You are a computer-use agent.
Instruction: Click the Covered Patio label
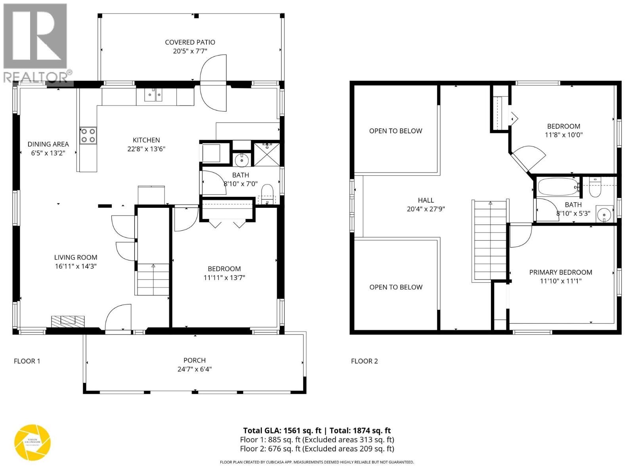[x=190, y=42]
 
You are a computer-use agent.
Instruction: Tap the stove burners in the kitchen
[x=88, y=135]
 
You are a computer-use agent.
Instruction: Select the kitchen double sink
[x=153, y=95]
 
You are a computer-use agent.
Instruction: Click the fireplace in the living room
[x=68, y=321]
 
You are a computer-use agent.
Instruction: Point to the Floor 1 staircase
[x=153, y=279]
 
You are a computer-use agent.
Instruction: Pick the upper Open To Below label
[x=395, y=131]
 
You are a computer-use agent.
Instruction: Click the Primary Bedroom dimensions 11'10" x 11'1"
[x=560, y=281]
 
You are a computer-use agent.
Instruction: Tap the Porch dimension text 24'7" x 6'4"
[x=194, y=369]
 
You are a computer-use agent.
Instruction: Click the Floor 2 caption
[x=364, y=361]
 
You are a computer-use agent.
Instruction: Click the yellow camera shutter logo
[x=32, y=443]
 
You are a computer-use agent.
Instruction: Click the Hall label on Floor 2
[x=426, y=200]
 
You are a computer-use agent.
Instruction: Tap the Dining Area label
[x=48, y=144]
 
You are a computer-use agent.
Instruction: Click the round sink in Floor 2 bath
[x=604, y=215]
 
